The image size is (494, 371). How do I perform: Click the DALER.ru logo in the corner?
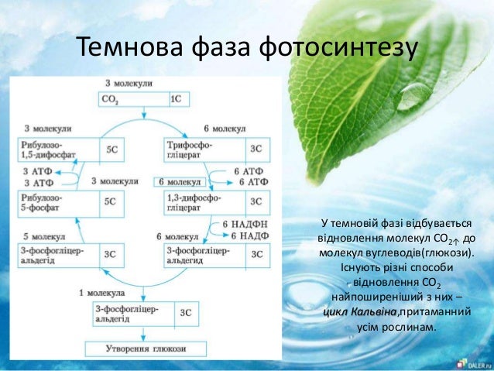tap(473, 362)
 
